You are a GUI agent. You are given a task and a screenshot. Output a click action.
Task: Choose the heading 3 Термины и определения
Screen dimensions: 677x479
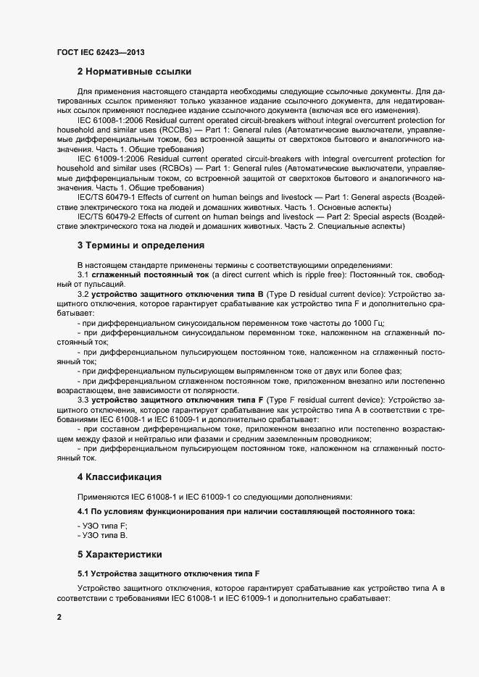pyautogui.click(x=141, y=245)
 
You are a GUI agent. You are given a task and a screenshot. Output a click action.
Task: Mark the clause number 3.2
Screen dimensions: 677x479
pyautogui.click(x=83, y=294)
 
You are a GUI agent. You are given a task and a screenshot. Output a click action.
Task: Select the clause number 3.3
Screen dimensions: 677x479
pyautogui.click(x=83, y=399)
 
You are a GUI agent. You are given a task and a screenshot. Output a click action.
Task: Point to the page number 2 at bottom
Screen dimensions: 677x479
pyautogui.click(x=59, y=617)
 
